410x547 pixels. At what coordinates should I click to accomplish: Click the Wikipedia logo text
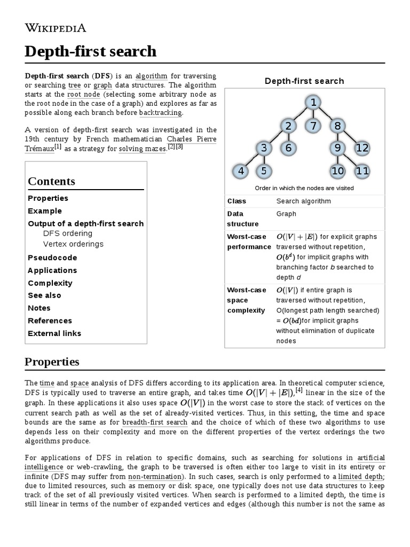(56, 28)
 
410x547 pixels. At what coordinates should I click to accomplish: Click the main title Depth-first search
(91, 51)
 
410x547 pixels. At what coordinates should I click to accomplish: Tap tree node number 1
(313, 103)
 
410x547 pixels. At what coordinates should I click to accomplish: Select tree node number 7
(313, 126)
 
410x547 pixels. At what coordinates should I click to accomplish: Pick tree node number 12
(362, 148)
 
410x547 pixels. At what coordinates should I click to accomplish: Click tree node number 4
(241, 171)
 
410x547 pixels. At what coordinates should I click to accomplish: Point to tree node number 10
(337, 171)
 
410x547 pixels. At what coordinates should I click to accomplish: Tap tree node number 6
(288, 148)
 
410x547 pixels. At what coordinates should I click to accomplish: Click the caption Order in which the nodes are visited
(304, 188)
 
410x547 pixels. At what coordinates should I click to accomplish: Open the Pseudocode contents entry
(52, 257)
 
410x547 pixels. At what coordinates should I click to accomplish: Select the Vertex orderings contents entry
(73, 244)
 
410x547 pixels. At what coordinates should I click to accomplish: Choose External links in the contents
(54, 333)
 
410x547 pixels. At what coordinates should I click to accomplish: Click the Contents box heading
(51, 181)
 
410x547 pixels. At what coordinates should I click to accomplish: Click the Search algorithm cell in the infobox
(303, 201)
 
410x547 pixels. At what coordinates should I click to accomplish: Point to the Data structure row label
(243, 218)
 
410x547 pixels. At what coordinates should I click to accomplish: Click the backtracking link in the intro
(160, 113)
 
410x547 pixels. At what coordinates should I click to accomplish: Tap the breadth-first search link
(154, 422)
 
